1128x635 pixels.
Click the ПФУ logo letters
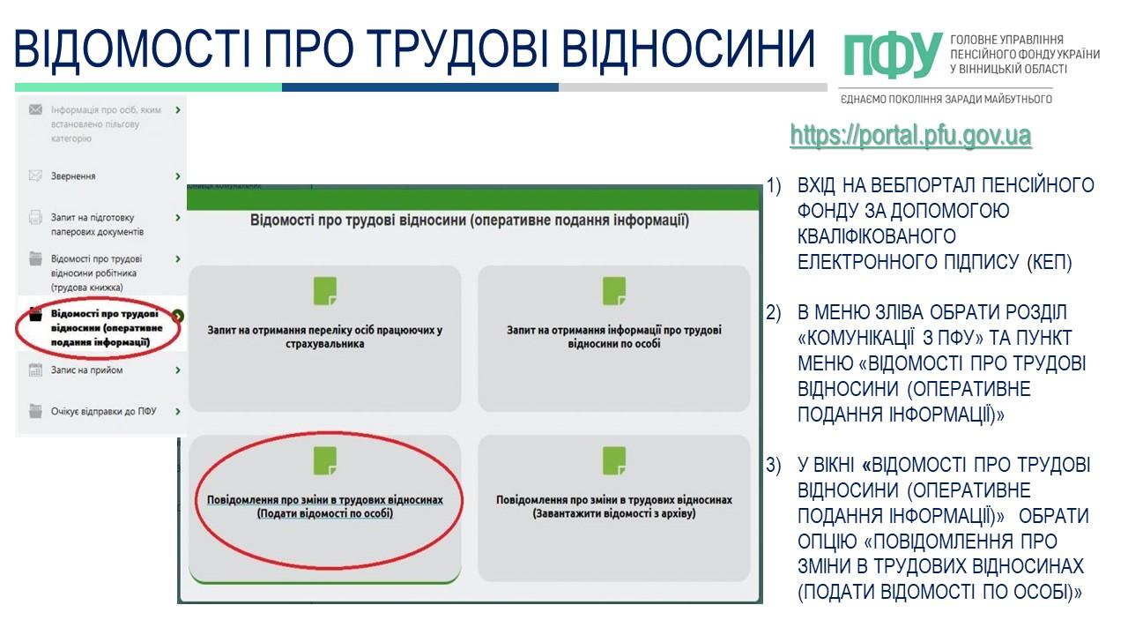click(892, 56)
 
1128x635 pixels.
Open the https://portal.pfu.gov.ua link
click(910, 136)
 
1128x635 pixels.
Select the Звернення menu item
click(73, 176)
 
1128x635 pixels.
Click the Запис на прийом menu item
click(86, 370)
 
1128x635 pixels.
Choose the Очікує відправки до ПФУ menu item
click(103, 411)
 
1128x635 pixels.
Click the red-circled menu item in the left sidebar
click(99, 328)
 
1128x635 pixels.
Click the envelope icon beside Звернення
click(35, 176)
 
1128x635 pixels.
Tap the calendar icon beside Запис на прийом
click(35, 370)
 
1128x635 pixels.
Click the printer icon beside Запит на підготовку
click(35, 218)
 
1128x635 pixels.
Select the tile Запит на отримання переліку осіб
click(324, 337)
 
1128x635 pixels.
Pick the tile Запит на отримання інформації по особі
click(613, 337)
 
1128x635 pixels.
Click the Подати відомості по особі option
click(324, 506)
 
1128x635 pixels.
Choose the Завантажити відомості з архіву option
click(613, 506)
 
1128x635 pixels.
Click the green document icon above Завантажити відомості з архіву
click(613, 460)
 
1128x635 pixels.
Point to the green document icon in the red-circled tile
click(325, 460)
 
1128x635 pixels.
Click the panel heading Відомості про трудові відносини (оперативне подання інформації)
click(469, 220)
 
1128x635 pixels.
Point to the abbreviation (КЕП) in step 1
click(1049, 263)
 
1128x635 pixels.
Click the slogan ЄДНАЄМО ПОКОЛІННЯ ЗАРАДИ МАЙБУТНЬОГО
click(946, 99)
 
